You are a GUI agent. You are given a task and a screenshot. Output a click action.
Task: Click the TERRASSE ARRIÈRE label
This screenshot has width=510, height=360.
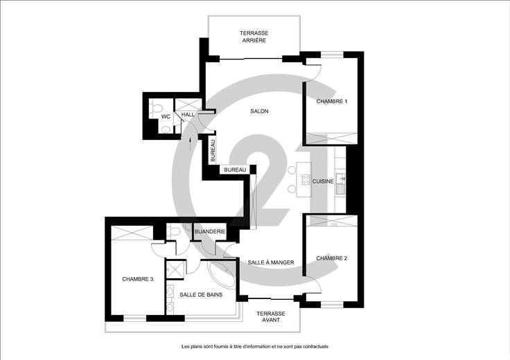tap(254, 37)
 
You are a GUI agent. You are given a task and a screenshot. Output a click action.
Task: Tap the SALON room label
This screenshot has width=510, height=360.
tap(259, 111)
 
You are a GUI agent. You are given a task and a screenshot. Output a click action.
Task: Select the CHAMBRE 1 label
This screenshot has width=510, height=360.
tap(332, 101)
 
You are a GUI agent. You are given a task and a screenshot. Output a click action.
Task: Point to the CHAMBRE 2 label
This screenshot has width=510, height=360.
tap(331, 258)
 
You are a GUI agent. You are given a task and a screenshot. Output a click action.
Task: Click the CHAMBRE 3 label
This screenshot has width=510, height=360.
tap(138, 279)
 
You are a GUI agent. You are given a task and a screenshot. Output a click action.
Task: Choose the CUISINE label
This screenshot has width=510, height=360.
tap(323, 181)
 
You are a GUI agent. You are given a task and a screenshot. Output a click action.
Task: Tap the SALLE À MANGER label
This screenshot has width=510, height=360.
tap(271, 262)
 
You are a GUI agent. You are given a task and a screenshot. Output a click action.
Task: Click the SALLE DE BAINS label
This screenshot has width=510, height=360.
tap(201, 295)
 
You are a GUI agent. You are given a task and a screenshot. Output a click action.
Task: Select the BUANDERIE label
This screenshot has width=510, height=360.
tap(210, 232)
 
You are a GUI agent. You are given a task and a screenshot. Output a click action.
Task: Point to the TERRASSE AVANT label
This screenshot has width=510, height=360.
tap(271, 317)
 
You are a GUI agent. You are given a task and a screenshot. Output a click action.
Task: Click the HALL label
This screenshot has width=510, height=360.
tap(188, 114)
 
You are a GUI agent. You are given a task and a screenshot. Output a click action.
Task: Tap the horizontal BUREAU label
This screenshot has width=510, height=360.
tap(235, 170)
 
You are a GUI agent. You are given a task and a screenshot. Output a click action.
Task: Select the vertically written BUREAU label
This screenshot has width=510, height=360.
tap(213, 151)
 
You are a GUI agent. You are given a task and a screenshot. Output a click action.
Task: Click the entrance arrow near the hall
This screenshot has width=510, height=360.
tap(191, 143)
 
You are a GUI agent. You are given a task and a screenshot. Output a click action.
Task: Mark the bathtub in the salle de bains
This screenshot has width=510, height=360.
tap(222, 276)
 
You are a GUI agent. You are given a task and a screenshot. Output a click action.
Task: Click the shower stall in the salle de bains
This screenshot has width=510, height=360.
tap(175, 270)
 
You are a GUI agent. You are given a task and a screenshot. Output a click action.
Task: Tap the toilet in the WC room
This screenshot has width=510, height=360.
tap(157, 107)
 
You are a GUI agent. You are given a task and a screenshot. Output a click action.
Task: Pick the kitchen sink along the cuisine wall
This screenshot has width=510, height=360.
tap(340, 179)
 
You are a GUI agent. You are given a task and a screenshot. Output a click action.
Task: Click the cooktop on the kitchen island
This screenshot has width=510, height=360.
tap(306, 180)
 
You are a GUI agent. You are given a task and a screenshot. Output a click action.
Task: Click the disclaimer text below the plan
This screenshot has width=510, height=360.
tap(255, 346)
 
